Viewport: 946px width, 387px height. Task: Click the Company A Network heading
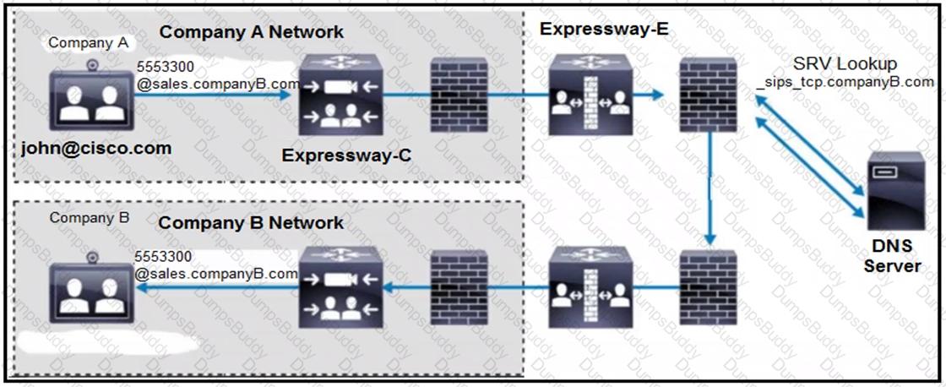tap(252, 32)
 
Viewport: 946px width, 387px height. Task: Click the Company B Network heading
tap(251, 223)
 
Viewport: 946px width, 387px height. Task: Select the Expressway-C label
tap(340, 155)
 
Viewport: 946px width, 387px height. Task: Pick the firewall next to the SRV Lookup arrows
tap(713, 95)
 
